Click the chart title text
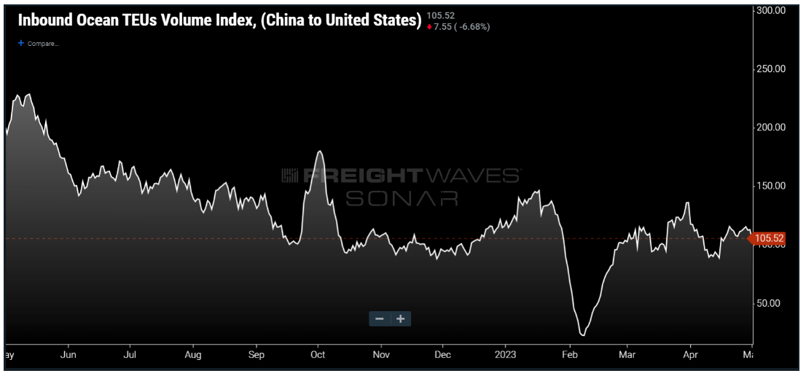click(219, 20)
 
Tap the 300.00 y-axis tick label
click(771, 11)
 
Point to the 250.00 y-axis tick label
click(771, 69)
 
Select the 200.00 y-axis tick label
click(771, 128)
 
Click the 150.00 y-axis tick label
click(771, 186)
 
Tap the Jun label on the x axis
click(68, 355)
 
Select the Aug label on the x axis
click(193, 355)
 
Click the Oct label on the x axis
click(317, 355)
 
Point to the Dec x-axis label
click(442, 355)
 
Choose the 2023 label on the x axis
click(505, 355)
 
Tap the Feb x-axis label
click(568, 355)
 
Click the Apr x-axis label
click(692, 355)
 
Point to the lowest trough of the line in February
click(582, 334)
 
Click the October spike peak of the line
click(320, 152)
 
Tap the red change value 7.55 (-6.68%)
click(462, 26)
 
